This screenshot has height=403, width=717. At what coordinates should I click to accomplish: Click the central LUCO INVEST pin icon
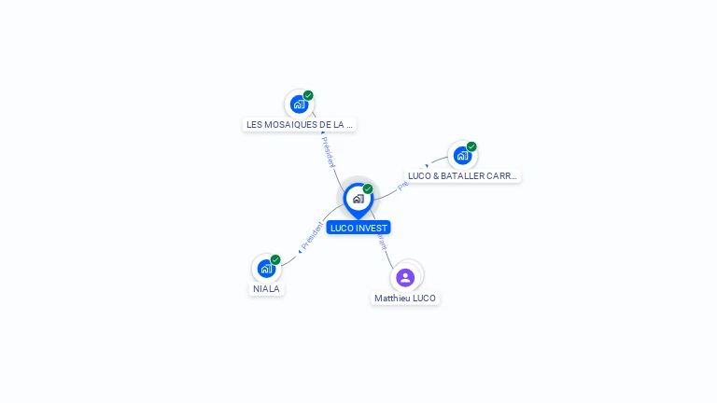click(358, 199)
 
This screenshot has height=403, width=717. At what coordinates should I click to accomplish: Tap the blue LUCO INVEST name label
click(358, 228)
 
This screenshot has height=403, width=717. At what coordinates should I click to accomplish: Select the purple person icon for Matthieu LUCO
click(405, 277)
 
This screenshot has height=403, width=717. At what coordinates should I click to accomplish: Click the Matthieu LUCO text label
click(405, 299)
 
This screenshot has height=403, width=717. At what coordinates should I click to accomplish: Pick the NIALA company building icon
click(266, 269)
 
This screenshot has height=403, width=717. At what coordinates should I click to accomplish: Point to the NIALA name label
click(266, 289)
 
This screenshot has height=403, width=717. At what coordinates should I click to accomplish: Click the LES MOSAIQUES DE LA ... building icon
click(299, 104)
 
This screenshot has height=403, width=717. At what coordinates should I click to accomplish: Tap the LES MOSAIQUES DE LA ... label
click(299, 124)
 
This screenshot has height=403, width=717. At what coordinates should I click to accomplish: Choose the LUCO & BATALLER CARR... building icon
click(462, 155)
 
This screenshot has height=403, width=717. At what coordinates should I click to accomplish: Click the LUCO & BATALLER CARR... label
click(462, 175)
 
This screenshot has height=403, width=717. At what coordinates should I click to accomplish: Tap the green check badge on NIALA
click(275, 260)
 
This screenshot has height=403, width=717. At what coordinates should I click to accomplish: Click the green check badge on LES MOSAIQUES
click(308, 95)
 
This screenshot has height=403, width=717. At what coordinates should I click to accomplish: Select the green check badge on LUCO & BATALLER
click(471, 146)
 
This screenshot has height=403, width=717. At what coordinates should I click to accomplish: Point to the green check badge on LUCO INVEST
click(368, 189)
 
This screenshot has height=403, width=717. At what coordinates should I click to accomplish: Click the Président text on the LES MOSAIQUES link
click(328, 152)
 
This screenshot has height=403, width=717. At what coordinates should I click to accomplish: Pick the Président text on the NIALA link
click(312, 236)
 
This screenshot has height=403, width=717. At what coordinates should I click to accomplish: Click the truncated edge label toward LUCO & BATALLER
click(403, 186)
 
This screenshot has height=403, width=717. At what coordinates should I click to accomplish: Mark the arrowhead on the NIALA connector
click(299, 251)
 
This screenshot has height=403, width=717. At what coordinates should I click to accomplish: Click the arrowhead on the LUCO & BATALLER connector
click(427, 167)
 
